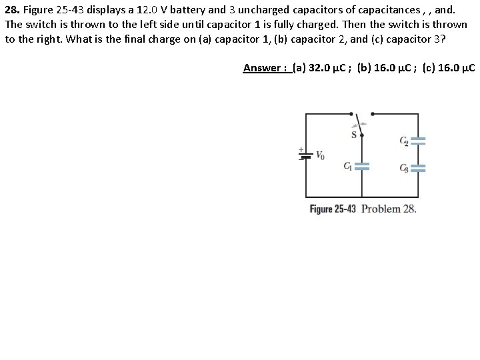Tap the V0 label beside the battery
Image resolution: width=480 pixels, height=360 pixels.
click(320, 157)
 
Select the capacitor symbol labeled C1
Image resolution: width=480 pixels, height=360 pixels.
click(362, 167)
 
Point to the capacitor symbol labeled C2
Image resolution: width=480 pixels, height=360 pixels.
click(418, 141)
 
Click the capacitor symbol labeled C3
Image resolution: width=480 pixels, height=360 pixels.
click(418, 168)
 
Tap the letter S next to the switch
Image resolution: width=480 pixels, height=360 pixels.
click(354, 135)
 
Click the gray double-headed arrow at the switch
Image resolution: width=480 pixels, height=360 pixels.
click(360, 124)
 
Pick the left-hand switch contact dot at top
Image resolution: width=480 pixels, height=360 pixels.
click(354, 114)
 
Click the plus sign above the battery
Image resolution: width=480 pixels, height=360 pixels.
click(301, 149)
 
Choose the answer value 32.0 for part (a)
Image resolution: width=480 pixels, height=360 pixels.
click(319, 68)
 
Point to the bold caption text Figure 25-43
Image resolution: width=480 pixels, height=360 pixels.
click(334, 209)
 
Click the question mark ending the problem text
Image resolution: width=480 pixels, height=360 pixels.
click(444, 39)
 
